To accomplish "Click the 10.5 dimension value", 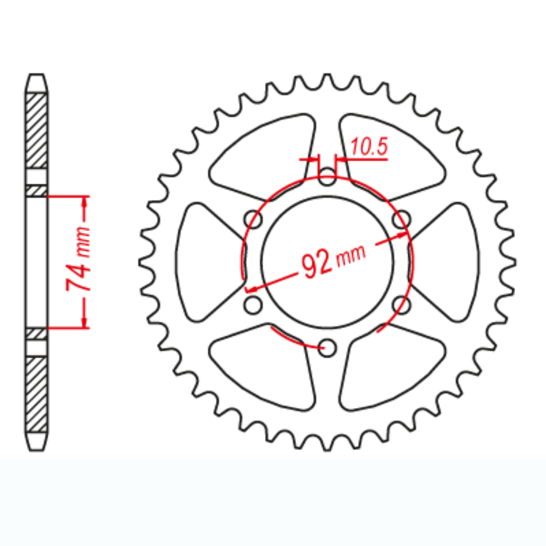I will tap(369, 147).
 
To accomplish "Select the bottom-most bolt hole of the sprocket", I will tap(327, 348).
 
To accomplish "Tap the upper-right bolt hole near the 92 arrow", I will tap(401, 220).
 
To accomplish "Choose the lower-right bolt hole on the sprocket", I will tap(401, 305).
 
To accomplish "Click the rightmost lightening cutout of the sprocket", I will tap(448, 262).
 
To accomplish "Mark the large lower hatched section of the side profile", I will tap(36, 394).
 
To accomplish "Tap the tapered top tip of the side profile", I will tap(36, 82).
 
